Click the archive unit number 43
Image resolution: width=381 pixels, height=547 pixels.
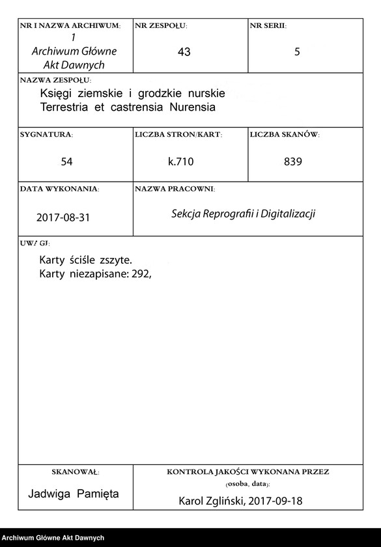point(184,52)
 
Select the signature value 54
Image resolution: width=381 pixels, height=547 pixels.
point(66,161)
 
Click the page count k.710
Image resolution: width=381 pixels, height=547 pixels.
point(181,161)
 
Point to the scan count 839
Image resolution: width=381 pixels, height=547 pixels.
point(293,161)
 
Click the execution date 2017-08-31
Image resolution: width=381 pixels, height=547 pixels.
point(63,217)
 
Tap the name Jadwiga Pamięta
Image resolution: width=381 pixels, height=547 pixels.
point(74,494)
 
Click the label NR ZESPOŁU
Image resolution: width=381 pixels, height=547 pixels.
point(161,26)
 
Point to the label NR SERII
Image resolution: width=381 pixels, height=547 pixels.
point(268,26)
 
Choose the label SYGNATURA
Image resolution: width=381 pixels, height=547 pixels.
point(46,134)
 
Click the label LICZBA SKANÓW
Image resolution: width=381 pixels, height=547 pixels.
point(285,134)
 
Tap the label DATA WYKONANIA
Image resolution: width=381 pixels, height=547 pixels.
point(59,189)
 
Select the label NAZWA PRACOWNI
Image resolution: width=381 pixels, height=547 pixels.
point(175,189)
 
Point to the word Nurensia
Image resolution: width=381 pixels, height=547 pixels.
point(193,107)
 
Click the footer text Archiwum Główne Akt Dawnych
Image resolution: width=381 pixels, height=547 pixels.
point(53,538)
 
